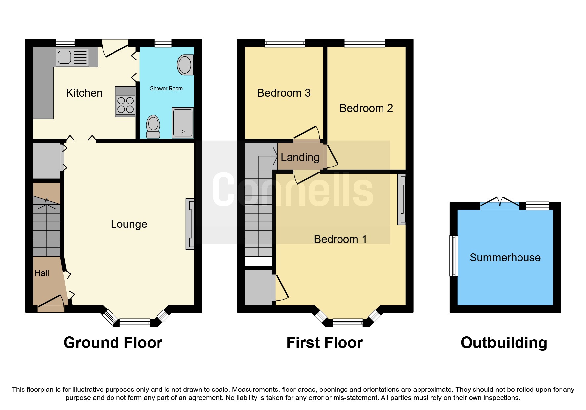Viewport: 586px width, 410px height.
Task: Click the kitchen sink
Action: (72, 58)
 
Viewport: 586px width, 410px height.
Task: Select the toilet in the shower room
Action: (153, 126)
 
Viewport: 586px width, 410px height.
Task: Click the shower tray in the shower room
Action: (183, 123)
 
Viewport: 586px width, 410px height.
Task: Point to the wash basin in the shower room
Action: (185, 65)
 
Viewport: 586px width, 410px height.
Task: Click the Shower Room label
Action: (166, 88)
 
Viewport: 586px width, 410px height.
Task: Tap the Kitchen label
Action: (84, 93)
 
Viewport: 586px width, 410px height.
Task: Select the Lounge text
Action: (129, 224)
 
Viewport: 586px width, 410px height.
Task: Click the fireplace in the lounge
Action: (190, 224)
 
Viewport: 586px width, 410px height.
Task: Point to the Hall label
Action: (42, 273)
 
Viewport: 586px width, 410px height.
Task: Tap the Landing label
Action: (300, 157)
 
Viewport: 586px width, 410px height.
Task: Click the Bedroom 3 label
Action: (284, 93)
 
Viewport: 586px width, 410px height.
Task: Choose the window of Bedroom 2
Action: (365, 43)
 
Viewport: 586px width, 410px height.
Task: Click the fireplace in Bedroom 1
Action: (402, 199)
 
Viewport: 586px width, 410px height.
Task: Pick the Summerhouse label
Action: (505, 258)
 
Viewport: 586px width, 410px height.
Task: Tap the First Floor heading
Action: (324, 343)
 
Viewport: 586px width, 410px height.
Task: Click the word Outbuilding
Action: (504, 343)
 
